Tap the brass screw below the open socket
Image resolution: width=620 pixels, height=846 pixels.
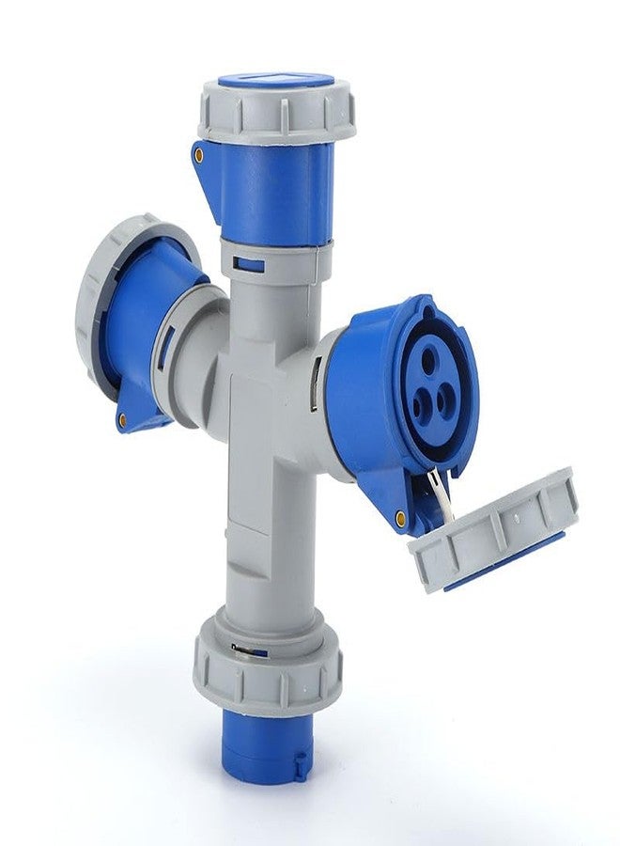point(401,515)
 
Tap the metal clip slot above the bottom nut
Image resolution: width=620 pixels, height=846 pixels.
point(246,648)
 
